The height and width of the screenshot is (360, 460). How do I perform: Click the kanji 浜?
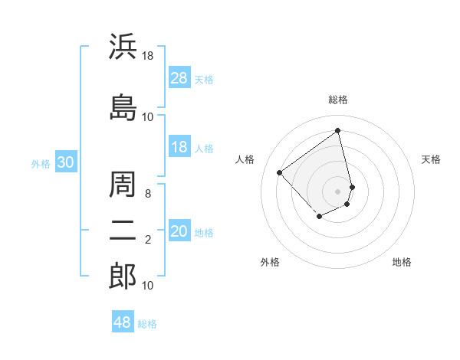tap(123, 47)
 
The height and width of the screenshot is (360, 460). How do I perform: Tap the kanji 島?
tap(123, 106)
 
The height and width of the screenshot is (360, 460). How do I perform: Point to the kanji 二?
tap(123, 229)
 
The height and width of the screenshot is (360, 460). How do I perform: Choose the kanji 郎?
tap(123, 276)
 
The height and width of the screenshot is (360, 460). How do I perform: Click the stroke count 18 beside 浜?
tap(148, 55)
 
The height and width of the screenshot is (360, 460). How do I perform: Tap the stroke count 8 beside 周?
tap(148, 194)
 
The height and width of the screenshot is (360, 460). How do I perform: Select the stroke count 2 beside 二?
tap(148, 240)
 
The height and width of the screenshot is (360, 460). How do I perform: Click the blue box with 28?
tap(179, 78)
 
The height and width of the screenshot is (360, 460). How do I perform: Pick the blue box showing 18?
tap(179, 148)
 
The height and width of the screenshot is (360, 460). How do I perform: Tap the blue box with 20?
tap(179, 232)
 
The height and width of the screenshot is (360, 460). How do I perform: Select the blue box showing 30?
tap(66, 163)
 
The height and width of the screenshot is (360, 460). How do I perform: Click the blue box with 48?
tap(123, 322)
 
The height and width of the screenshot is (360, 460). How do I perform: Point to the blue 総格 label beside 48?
tap(147, 324)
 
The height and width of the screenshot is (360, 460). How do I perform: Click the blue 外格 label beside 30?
tap(41, 164)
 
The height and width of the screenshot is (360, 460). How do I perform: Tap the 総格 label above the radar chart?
tap(338, 100)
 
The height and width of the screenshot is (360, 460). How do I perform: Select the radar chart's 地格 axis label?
tap(402, 262)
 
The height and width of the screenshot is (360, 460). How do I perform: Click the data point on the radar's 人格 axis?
tap(280, 173)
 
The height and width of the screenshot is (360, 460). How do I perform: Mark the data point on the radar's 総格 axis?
tap(338, 130)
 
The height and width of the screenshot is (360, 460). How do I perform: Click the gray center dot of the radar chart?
tap(338, 190)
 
